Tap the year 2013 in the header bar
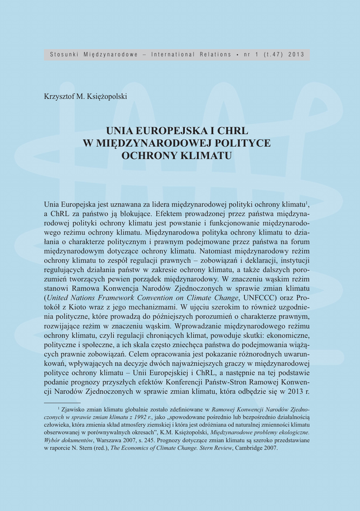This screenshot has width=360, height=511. (296, 54)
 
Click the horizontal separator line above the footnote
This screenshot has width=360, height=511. (62, 402)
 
